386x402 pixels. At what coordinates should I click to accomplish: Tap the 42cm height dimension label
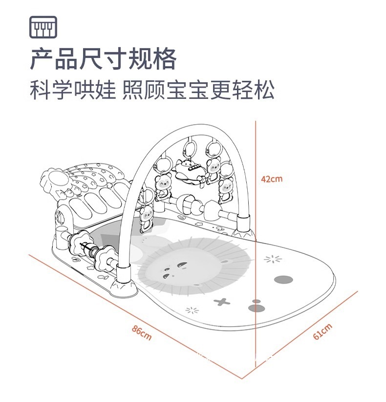point(272,179)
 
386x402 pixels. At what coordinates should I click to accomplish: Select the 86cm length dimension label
point(142,332)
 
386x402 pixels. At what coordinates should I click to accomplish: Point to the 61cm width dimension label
point(322,331)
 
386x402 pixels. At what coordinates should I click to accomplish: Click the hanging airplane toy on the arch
point(188,171)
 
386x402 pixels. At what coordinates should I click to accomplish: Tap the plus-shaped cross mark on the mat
point(223,302)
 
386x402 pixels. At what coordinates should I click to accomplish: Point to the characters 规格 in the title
point(152,60)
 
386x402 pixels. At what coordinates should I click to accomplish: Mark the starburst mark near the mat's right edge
point(273,259)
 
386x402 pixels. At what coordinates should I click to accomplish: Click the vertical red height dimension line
point(256,245)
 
